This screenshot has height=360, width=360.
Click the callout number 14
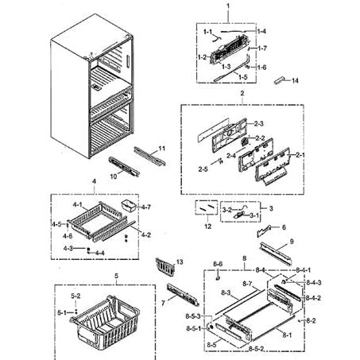[295, 81]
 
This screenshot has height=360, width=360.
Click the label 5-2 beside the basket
[75, 296]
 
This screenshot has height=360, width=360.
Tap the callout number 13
[180, 262]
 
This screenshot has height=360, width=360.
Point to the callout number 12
[207, 227]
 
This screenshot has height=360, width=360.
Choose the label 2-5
[203, 169]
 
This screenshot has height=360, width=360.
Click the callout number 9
[291, 241]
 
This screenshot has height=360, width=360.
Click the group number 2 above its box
[242, 93]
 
